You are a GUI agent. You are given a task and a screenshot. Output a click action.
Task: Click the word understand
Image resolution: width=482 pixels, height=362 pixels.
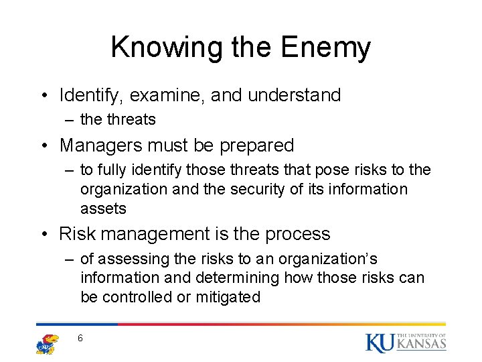point(295,96)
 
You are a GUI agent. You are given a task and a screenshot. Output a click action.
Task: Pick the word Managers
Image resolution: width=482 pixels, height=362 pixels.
point(100,145)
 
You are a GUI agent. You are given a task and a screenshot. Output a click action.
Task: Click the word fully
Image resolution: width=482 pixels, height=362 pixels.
point(111,170)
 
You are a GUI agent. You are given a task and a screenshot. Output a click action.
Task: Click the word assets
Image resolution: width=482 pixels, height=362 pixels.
point(103,208)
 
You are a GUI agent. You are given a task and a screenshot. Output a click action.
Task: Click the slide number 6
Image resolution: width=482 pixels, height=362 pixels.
point(80,339)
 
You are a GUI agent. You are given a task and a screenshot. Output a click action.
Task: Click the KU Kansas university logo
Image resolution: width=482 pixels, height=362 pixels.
point(406,342)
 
